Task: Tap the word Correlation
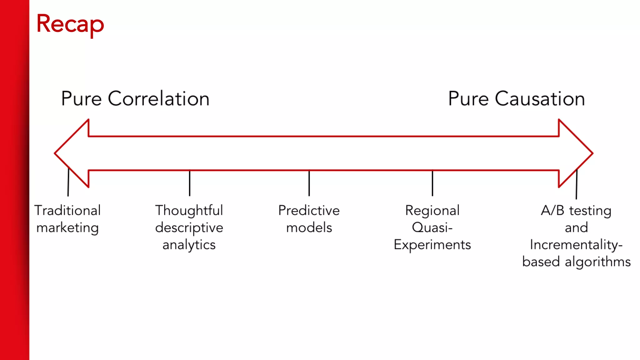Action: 158,99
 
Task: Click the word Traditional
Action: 67,210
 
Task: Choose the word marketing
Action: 67,227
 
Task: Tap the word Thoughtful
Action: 189,210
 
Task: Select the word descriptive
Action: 189,227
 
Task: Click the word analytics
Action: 189,245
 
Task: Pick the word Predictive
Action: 309,210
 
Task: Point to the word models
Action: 309,227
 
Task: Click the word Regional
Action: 432,210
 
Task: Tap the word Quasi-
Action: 432,227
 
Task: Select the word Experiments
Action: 432,245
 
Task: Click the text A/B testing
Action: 576,210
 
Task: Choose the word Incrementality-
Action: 576,245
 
